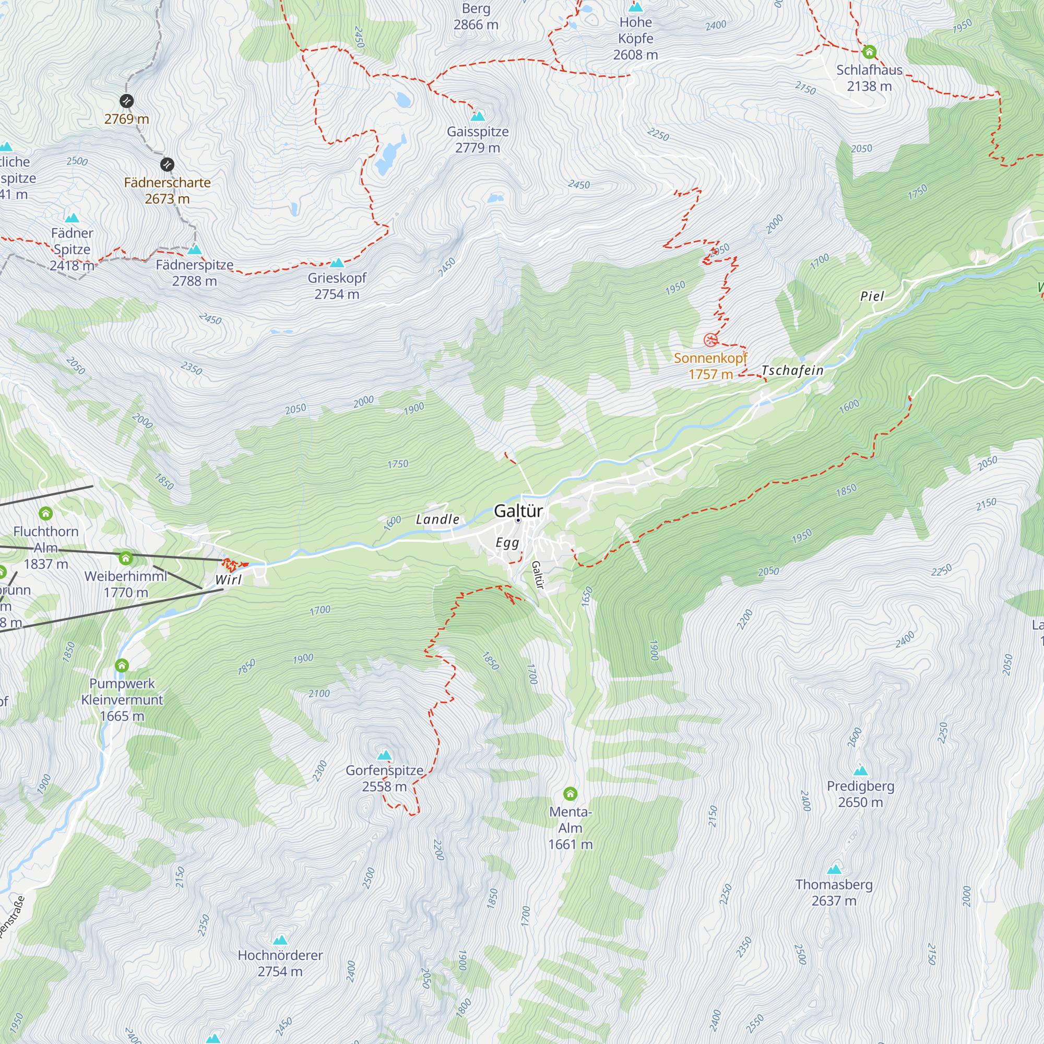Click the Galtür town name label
click(518, 511)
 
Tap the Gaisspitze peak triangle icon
click(478, 116)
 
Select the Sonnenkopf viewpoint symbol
click(710, 340)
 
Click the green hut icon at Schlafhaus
click(869, 52)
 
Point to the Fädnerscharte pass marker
click(168, 164)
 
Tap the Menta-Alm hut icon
click(570, 794)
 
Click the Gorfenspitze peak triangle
click(384, 755)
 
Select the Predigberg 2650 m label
click(860, 794)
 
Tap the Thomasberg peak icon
click(834, 870)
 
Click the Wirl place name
click(229, 580)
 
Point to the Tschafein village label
click(792, 370)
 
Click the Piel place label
click(872, 296)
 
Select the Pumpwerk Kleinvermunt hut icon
click(122, 665)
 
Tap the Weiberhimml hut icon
click(126, 557)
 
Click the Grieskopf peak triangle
click(337, 263)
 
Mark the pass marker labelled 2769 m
click(126, 101)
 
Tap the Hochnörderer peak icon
click(280, 940)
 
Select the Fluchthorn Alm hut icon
click(46, 513)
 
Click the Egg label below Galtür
click(507, 542)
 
